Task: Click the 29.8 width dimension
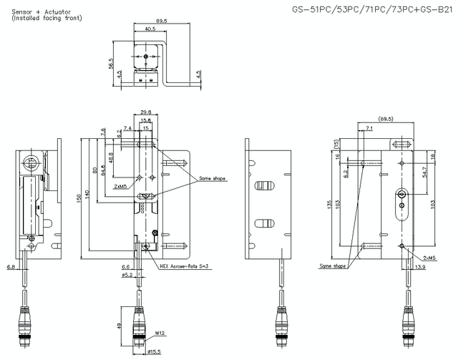[145, 112]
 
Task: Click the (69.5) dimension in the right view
[387, 118]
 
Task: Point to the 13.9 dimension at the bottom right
[420, 266]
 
